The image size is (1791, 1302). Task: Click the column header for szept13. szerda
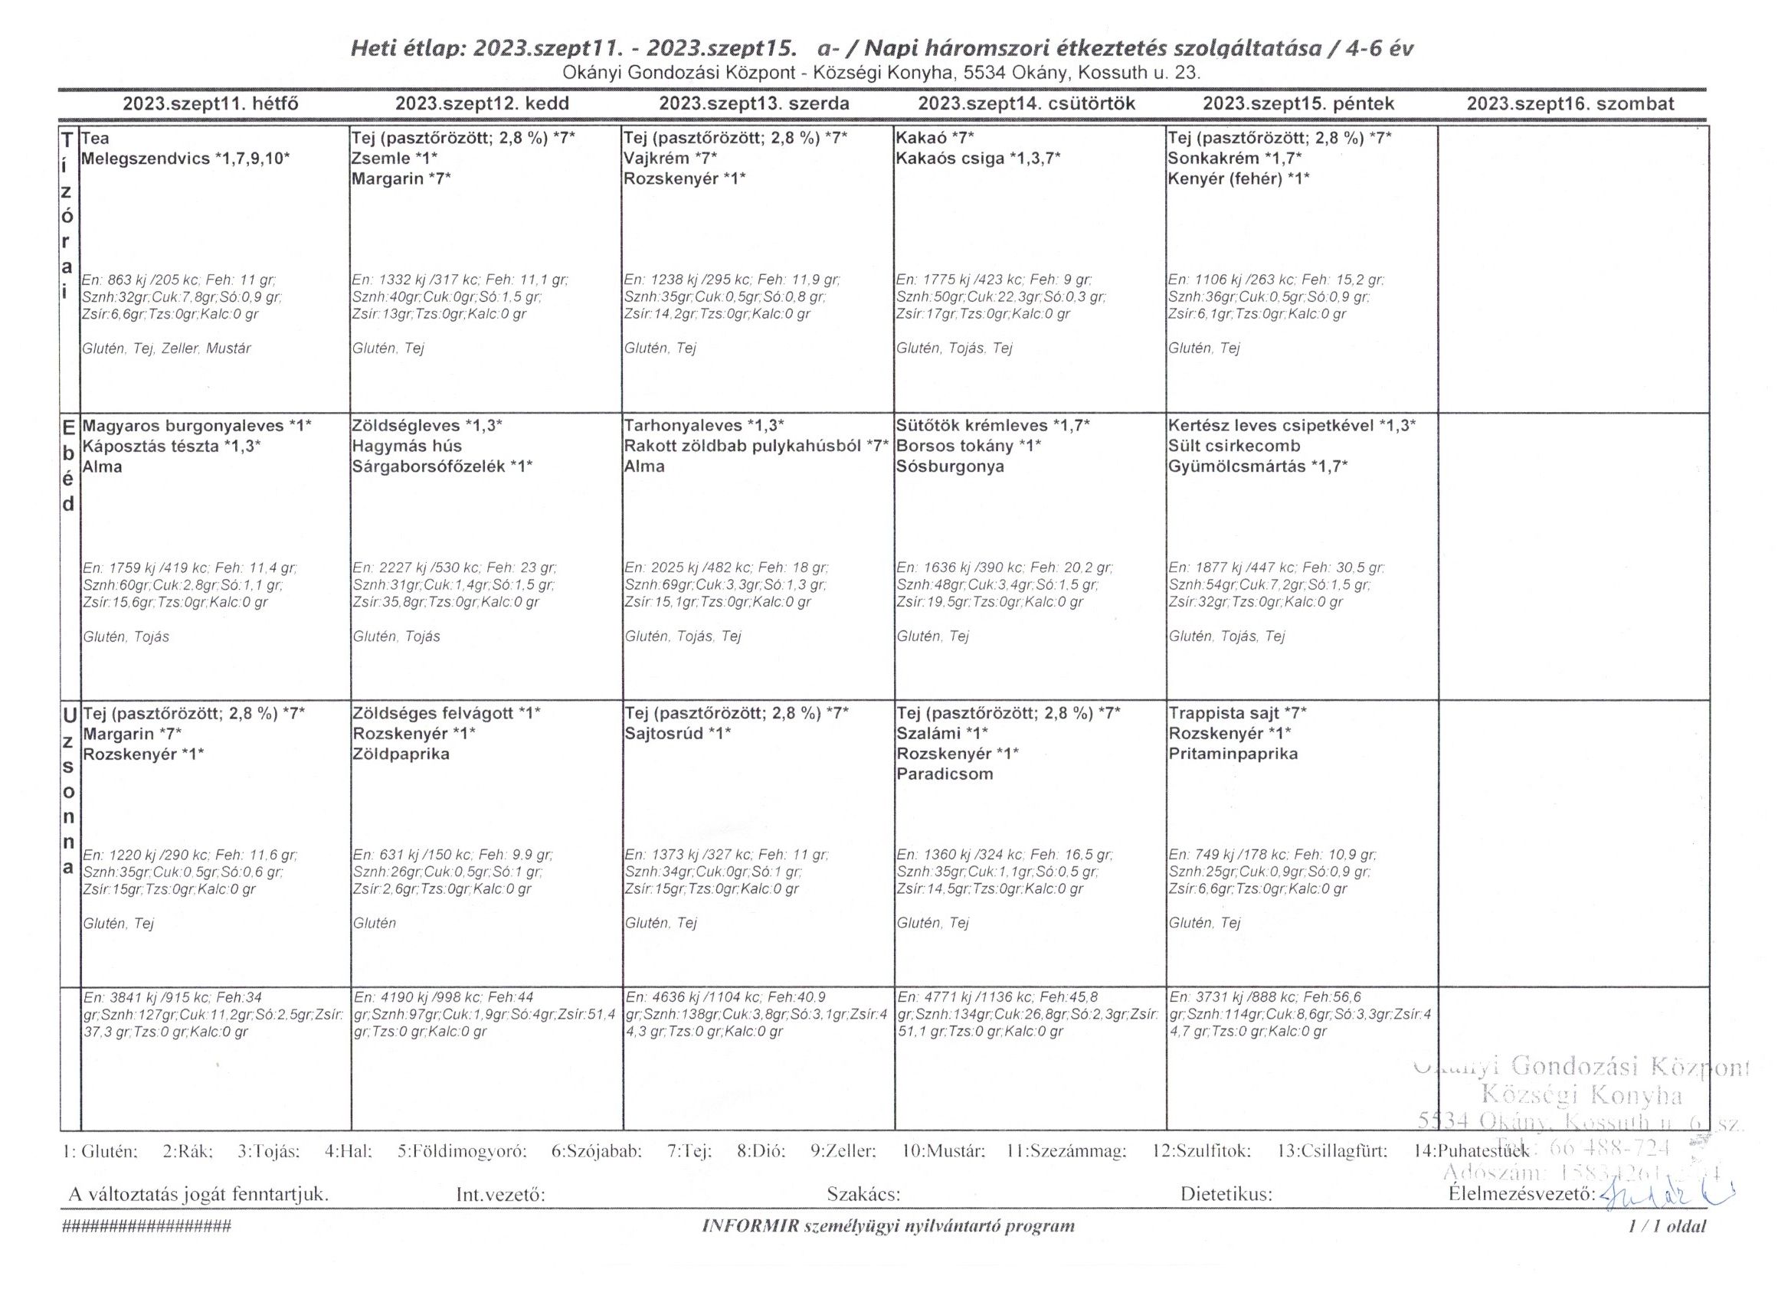[754, 104]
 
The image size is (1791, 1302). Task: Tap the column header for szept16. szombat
[1570, 104]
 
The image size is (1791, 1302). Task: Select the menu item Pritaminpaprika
[1233, 754]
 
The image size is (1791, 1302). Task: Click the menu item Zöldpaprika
[401, 754]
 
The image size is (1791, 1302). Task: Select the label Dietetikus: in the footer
[1226, 1195]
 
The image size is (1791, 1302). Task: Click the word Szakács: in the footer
[863, 1195]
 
